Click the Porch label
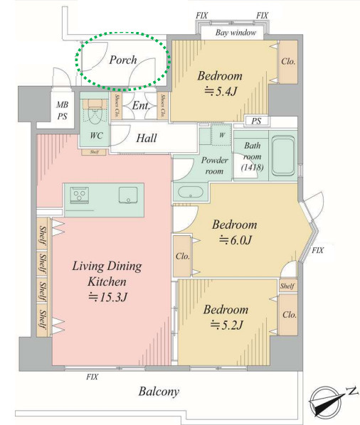click(x=123, y=60)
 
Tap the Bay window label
click(x=235, y=33)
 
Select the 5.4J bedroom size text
click(x=221, y=92)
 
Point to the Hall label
click(x=147, y=138)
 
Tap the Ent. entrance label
click(x=141, y=105)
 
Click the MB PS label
click(x=63, y=110)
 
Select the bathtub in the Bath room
click(x=283, y=156)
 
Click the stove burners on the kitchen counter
click(x=79, y=195)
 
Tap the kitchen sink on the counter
click(x=128, y=195)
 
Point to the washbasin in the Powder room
click(x=191, y=193)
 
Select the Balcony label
click(x=159, y=392)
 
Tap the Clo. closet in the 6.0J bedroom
click(x=182, y=256)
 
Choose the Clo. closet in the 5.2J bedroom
click(x=289, y=315)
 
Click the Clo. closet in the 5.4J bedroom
click(x=288, y=62)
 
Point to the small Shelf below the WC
click(x=94, y=152)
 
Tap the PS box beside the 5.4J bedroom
click(x=257, y=121)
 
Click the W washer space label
click(x=222, y=135)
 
